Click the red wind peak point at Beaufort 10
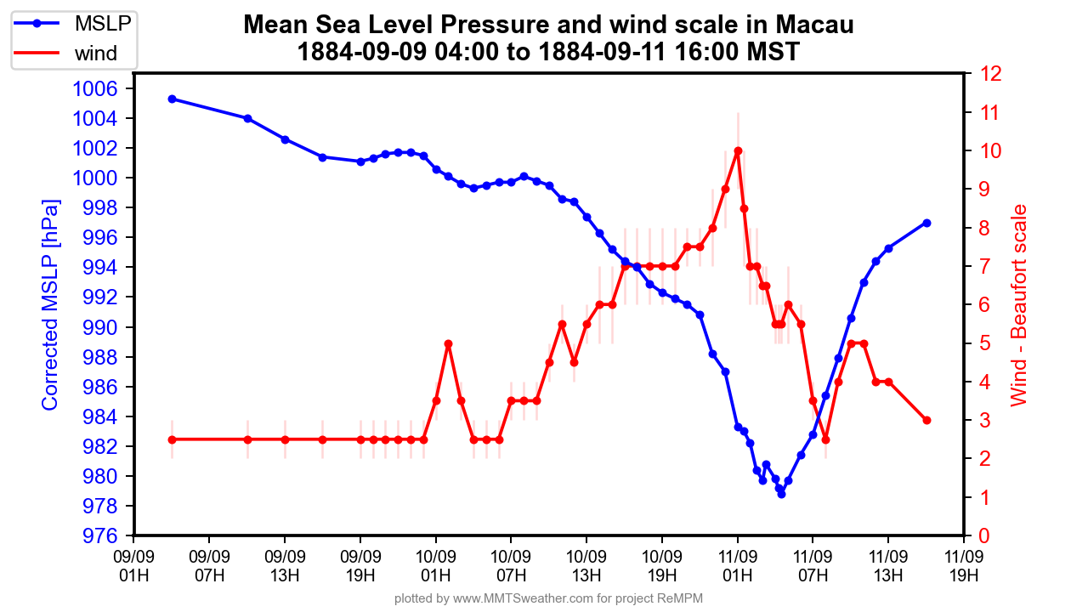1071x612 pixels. (x=738, y=151)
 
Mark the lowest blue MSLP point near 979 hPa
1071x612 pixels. (x=781, y=494)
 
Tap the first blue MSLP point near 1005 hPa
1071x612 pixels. (x=172, y=99)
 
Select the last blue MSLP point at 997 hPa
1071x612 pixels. (x=926, y=223)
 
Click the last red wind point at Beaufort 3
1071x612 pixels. (x=926, y=420)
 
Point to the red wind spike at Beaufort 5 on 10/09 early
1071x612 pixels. (x=448, y=343)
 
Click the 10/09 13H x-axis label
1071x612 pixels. (x=586, y=565)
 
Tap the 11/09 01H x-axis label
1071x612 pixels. (x=738, y=565)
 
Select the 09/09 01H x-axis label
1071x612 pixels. (x=134, y=565)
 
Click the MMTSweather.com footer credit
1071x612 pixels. (x=548, y=599)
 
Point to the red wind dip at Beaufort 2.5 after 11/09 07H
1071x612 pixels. (x=825, y=439)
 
